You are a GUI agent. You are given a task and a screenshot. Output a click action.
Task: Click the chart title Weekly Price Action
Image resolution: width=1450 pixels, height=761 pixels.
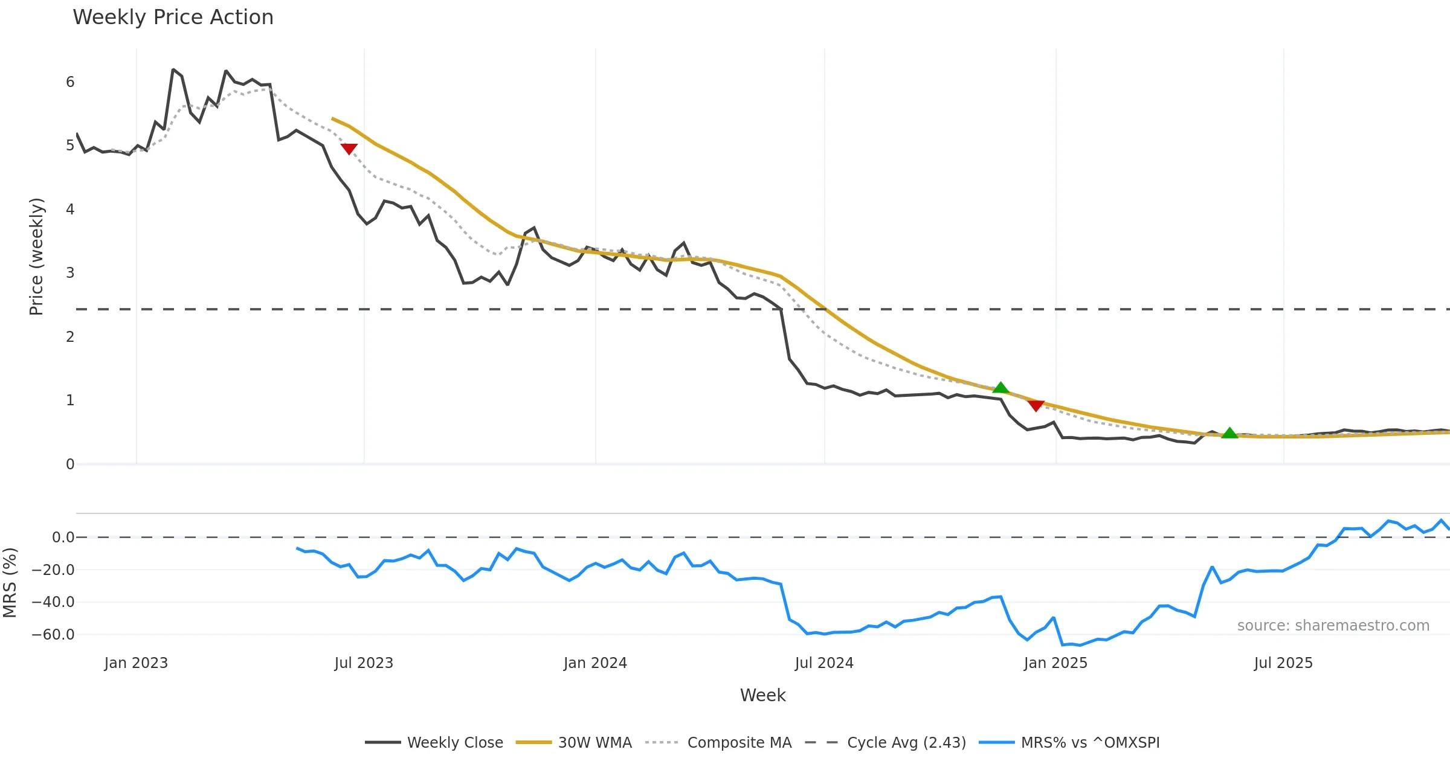pos(173,18)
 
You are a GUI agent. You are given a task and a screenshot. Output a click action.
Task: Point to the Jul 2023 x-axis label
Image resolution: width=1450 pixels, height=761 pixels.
pos(364,663)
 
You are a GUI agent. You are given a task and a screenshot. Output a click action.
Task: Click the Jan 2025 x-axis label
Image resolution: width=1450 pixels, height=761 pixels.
pos(1055,663)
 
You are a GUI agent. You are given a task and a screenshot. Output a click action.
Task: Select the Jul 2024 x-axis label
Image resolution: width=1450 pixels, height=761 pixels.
pos(824,663)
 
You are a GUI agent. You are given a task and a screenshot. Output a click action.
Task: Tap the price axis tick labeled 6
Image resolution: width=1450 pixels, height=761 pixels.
pos(70,82)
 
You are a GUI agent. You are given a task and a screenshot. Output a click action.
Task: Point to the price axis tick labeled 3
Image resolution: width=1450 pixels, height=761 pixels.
pos(70,273)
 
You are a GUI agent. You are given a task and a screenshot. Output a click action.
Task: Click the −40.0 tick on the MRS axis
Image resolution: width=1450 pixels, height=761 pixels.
pos(53,602)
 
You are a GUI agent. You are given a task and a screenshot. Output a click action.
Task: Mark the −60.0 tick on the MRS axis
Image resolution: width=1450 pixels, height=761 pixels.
pos(53,635)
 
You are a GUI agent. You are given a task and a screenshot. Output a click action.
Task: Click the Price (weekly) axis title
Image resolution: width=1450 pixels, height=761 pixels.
pos(36,257)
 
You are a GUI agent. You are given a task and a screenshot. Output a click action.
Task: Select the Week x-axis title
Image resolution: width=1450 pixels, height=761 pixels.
pos(762,696)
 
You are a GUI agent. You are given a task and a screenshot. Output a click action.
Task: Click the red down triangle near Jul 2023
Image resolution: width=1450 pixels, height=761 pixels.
pos(349,149)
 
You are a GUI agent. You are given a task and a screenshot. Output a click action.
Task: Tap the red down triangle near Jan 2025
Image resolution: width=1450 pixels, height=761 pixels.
pos(1036,405)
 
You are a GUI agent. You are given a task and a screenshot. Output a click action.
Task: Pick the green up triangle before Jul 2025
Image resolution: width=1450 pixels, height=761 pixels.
pos(1229,433)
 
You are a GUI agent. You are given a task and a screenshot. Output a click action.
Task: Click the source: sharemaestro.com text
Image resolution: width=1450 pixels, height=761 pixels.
pos(1333,626)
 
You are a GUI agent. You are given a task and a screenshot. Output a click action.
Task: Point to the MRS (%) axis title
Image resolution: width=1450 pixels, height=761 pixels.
pos(10,583)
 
